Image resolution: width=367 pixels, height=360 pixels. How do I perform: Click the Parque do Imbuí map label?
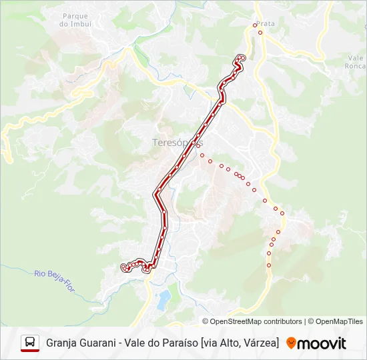(x=75, y=19)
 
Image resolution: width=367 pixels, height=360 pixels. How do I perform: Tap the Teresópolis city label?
(x=177, y=143)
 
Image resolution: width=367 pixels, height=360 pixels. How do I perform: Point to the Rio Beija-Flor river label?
(x=53, y=277)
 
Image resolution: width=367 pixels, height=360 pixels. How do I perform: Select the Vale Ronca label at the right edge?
(x=355, y=62)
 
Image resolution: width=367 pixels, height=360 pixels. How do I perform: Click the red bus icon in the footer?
(x=30, y=343)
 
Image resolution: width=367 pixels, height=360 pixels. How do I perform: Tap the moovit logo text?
(x=322, y=343)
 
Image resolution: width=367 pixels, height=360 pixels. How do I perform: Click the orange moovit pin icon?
(x=291, y=343)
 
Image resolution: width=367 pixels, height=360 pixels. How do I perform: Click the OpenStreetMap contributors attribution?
(x=256, y=321)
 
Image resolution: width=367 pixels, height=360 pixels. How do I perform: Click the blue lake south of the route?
(x=162, y=300)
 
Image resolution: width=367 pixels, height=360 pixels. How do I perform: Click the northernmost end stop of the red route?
(x=242, y=58)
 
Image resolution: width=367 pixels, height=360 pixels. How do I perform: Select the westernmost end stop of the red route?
(x=123, y=267)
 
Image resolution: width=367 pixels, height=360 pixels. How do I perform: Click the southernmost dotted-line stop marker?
(x=269, y=265)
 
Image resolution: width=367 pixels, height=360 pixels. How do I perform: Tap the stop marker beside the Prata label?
(x=254, y=25)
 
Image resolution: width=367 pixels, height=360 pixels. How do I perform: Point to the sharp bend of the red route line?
(x=156, y=194)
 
